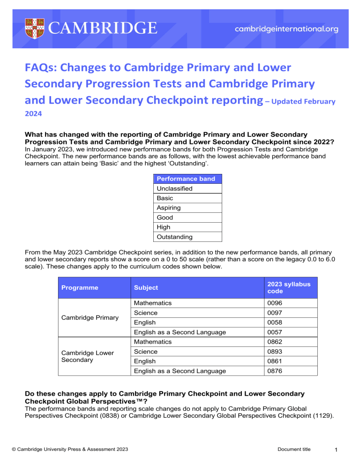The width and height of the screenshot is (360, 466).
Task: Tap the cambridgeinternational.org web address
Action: [x=286, y=29]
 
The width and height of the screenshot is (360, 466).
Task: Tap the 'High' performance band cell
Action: [x=163, y=227]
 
